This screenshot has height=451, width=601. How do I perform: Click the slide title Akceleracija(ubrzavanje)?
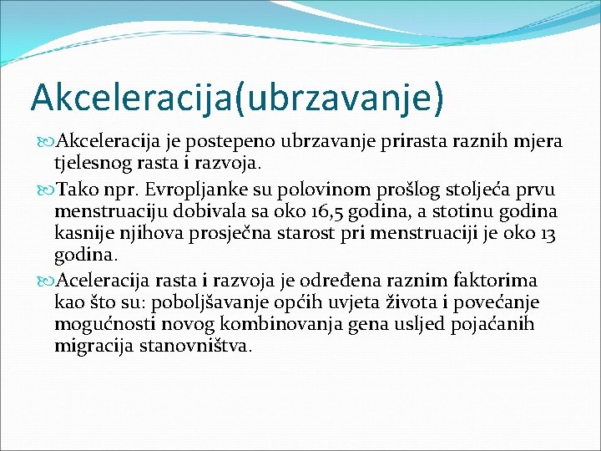point(236,96)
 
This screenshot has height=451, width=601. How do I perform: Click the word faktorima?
point(500,280)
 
